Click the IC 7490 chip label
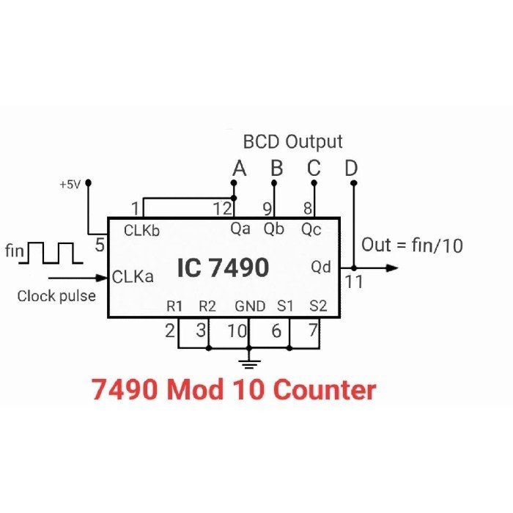[222, 268]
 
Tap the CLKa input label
[133, 277]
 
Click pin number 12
[222, 208]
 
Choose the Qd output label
[321, 267]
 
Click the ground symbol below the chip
[250, 361]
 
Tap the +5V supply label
[72, 185]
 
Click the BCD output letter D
[352, 169]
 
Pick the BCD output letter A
[239, 169]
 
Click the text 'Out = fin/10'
[412, 246]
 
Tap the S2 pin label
[317, 306]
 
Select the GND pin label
[250, 306]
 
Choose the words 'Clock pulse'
[56, 297]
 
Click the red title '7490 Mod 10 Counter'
[234, 390]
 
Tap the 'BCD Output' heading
[293, 141]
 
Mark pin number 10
[236, 331]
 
